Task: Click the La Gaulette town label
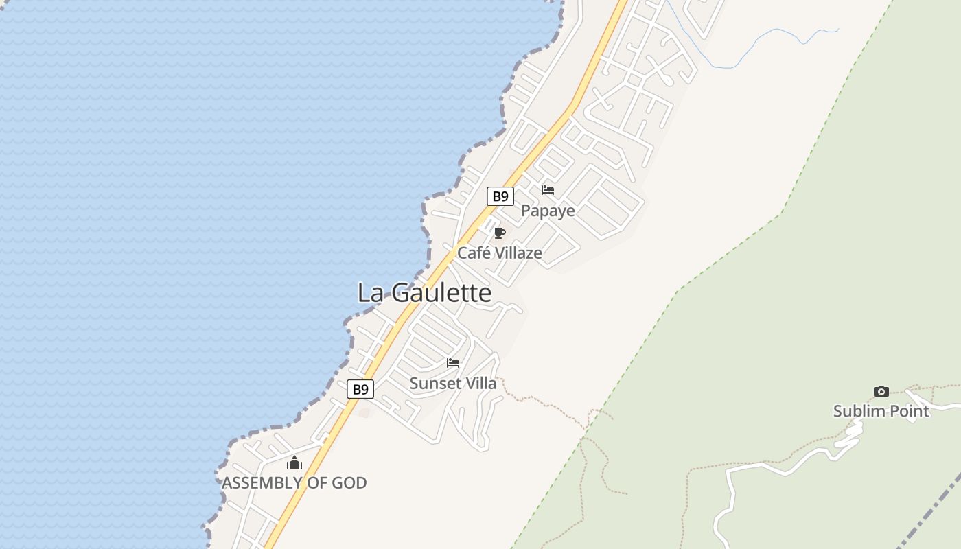click(424, 293)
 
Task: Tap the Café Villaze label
click(499, 253)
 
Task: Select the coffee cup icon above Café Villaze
click(500, 233)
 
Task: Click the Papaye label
click(548, 211)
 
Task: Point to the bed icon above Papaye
click(548, 190)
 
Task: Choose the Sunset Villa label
click(452, 384)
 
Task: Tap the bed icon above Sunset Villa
click(453, 363)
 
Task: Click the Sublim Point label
click(881, 411)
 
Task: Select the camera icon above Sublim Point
click(881, 392)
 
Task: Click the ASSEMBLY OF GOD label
click(294, 483)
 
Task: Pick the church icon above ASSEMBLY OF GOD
click(294, 463)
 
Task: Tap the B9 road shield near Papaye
click(500, 196)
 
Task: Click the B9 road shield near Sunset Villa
click(360, 389)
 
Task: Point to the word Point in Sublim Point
click(908, 411)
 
